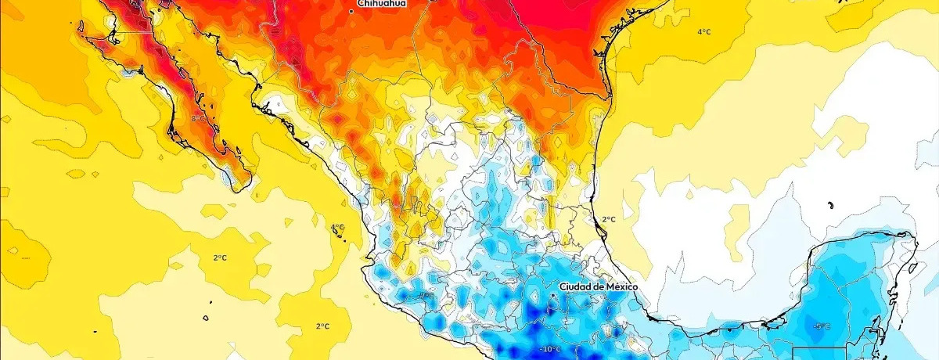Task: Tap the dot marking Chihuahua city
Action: (351, 11)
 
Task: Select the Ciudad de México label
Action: (599, 287)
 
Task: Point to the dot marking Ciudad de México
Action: (553, 295)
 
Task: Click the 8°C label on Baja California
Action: (197, 118)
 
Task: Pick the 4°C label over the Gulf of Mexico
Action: (704, 32)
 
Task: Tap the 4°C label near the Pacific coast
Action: (337, 227)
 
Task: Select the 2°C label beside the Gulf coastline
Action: (608, 219)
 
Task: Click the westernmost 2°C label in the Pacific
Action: (220, 257)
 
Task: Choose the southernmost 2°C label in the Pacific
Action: (322, 326)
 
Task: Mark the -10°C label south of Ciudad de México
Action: (550, 348)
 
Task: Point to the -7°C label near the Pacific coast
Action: (425, 296)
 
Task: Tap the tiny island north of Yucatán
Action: (829, 206)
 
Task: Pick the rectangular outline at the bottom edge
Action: (818, 353)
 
